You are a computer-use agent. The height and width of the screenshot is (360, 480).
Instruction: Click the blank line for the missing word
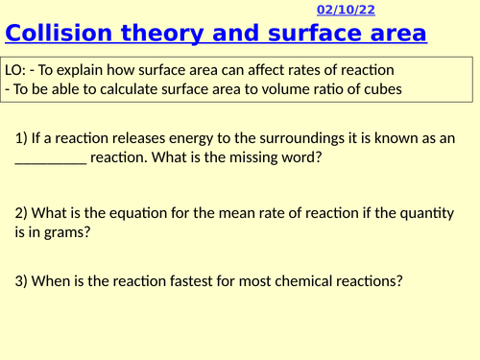click(x=51, y=158)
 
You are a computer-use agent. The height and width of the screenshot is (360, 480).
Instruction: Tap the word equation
click(x=139, y=210)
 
